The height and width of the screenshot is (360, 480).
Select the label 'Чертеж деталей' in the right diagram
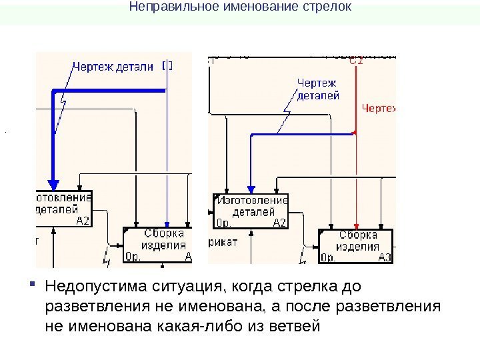tap(317, 89)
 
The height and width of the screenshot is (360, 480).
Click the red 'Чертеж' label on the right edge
tap(378, 107)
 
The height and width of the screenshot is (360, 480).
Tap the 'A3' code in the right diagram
tap(385, 257)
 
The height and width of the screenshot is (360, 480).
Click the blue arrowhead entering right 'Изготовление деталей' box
tap(250, 189)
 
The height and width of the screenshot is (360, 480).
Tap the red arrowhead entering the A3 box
tap(357, 225)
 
